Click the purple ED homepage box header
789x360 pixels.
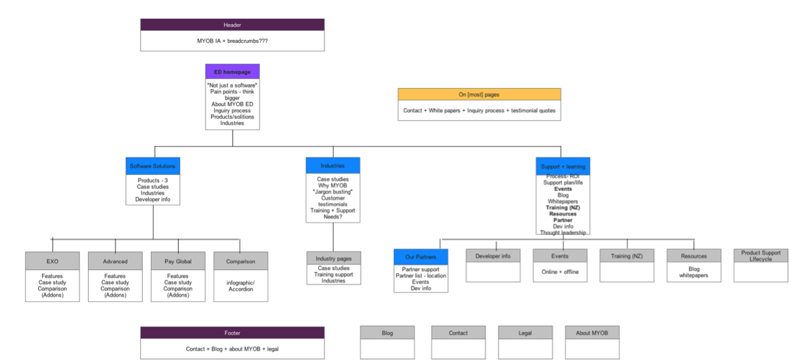point(232,71)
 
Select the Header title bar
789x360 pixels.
point(232,25)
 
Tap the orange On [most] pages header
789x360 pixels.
point(479,94)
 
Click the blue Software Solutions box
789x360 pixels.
point(153,166)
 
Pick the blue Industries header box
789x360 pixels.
point(332,166)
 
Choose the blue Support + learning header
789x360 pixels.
point(563,166)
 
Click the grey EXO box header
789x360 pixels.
point(53,261)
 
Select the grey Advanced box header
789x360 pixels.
point(115,261)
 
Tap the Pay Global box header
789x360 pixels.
point(178,261)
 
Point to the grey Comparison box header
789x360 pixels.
point(240,261)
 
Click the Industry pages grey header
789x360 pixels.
point(334,258)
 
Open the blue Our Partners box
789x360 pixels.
point(421,256)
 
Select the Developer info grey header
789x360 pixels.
point(493,256)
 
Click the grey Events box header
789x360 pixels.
point(560,256)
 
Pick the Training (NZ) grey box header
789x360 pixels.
point(627,256)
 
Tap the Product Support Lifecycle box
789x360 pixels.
point(761,256)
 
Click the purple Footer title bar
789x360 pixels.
point(232,333)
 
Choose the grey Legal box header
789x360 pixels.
point(525,333)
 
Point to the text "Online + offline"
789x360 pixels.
point(560,272)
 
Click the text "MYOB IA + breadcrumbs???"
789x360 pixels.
point(232,41)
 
